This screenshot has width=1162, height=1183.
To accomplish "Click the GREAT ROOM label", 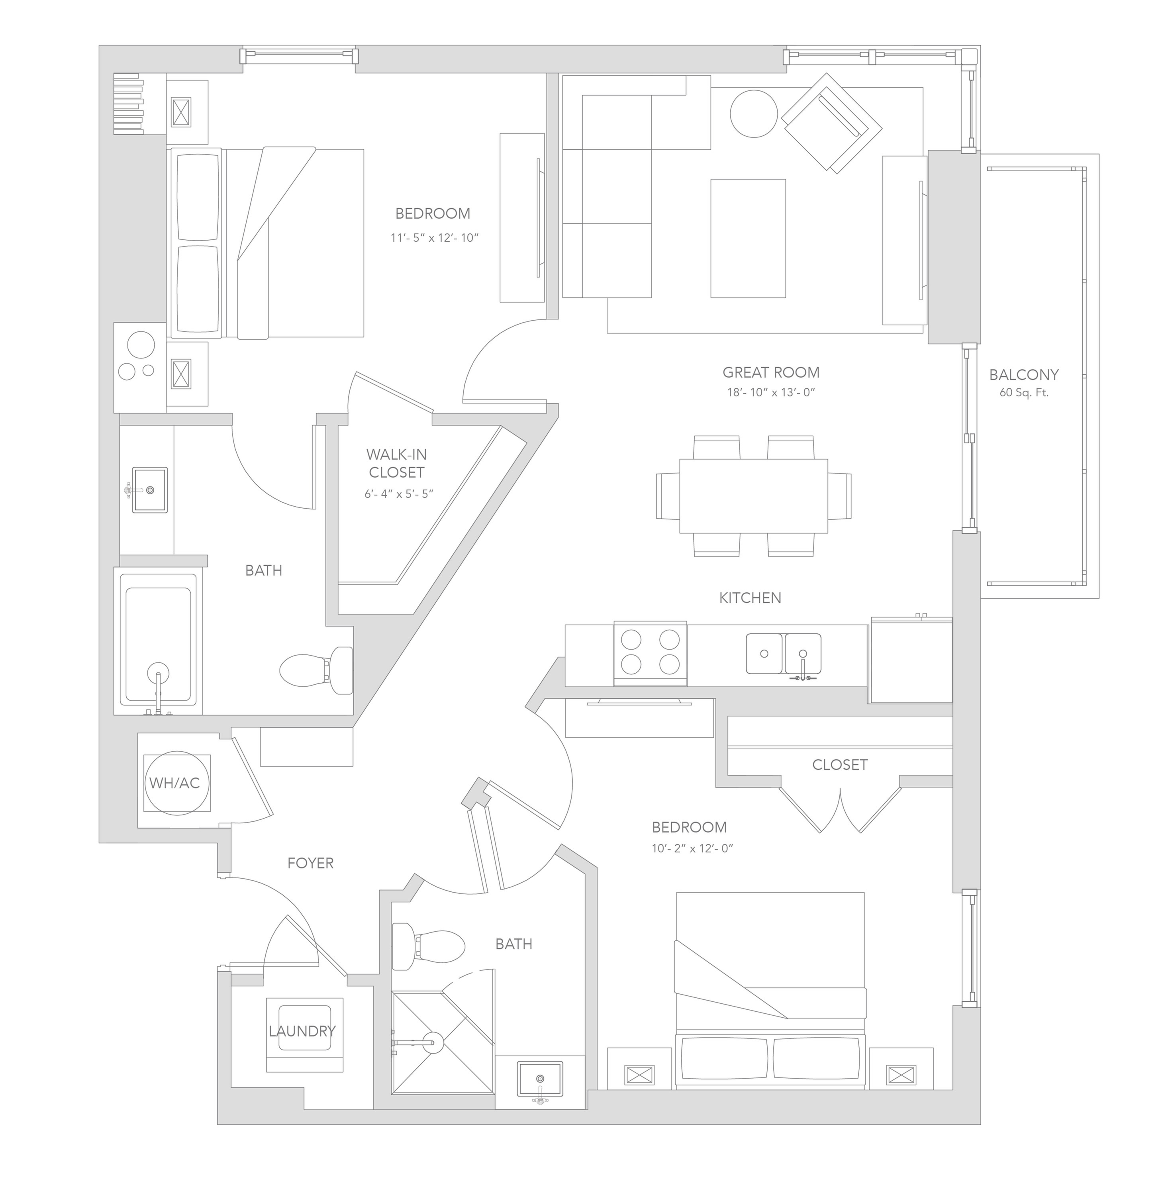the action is pyautogui.click(x=771, y=372).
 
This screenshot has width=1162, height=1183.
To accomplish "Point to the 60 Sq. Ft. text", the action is pyautogui.click(x=1023, y=393).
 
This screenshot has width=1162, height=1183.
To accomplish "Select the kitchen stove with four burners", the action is pyautogui.click(x=650, y=653).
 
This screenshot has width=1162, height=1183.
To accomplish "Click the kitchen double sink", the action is pyautogui.click(x=784, y=653).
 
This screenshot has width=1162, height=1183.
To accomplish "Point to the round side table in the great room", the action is pyautogui.click(x=754, y=114).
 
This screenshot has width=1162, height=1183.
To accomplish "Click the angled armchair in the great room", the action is pyautogui.click(x=832, y=123).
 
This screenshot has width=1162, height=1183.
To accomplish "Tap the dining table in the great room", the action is pyautogui.click(x=754, y=496).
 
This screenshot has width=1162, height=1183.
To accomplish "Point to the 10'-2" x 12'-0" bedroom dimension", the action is pyautogui.click(x=692, y=848).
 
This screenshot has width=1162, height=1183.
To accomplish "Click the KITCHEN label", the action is pyautogui.click(x=750, y=598).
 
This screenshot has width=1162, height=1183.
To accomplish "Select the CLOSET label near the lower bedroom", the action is pyautogui.click(x=840, y=764).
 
